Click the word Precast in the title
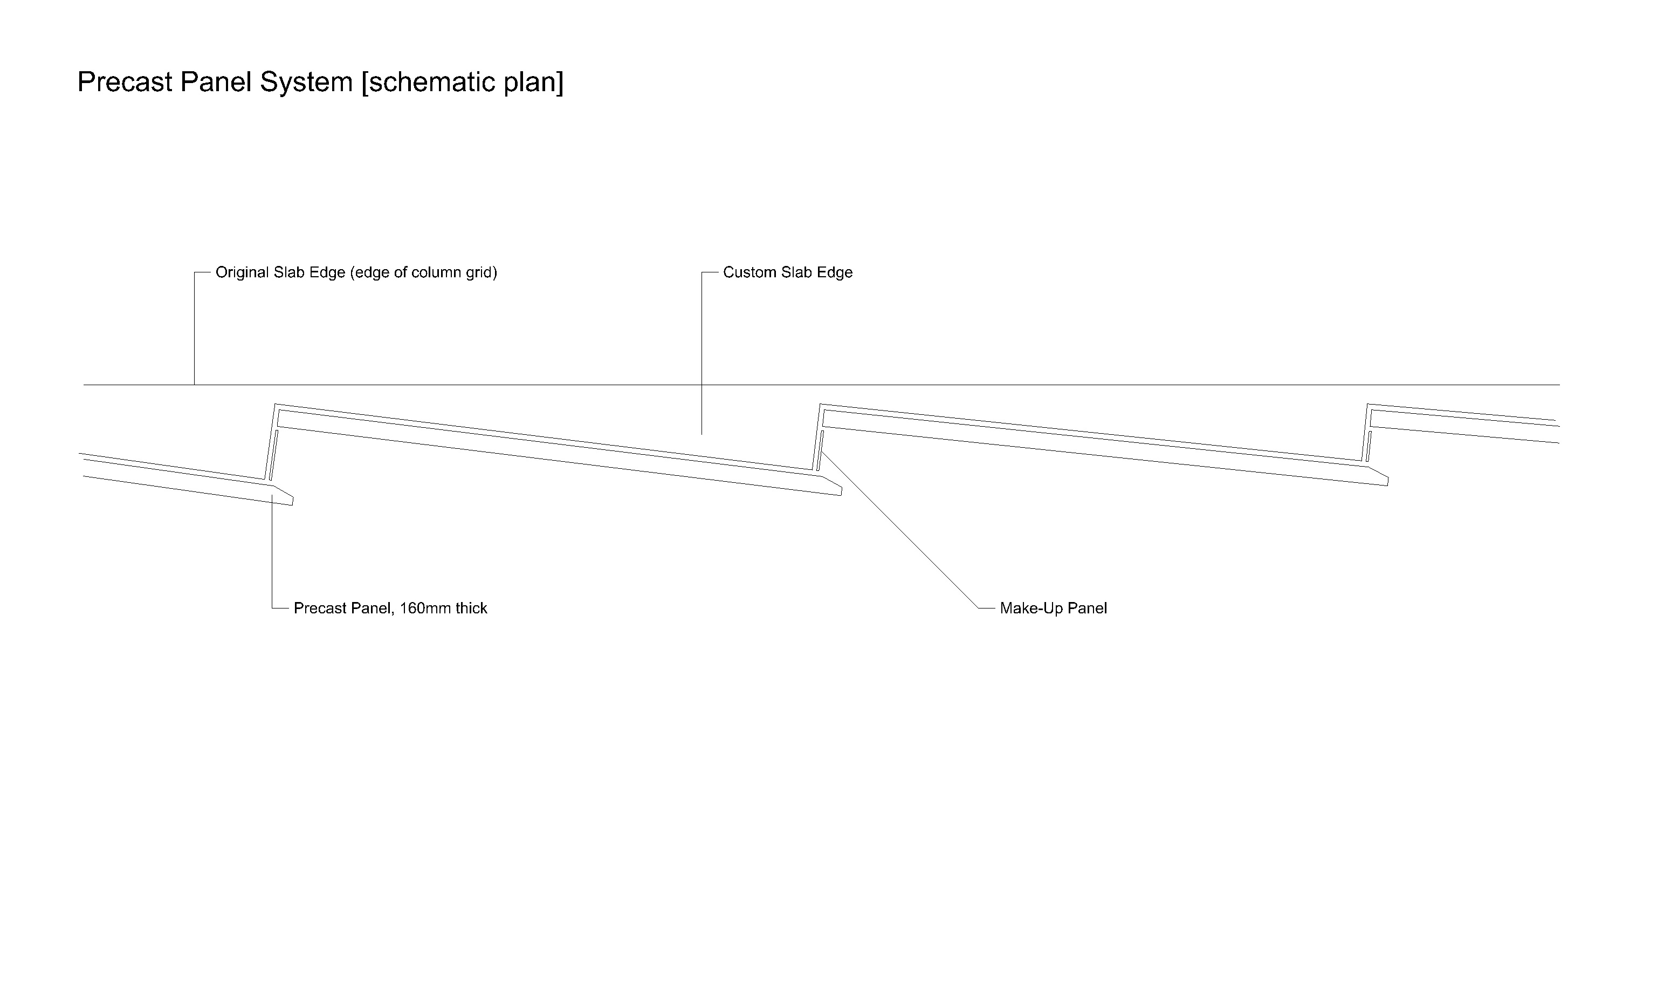point(125,82)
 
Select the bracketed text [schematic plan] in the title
point(462,83)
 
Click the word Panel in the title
point(217,82)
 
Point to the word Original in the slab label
point(242,273)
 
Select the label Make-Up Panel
point(1053,608)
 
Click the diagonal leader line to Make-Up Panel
point(899,529)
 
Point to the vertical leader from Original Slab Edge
point(194,329)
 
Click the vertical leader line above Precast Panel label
point(272,551)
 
